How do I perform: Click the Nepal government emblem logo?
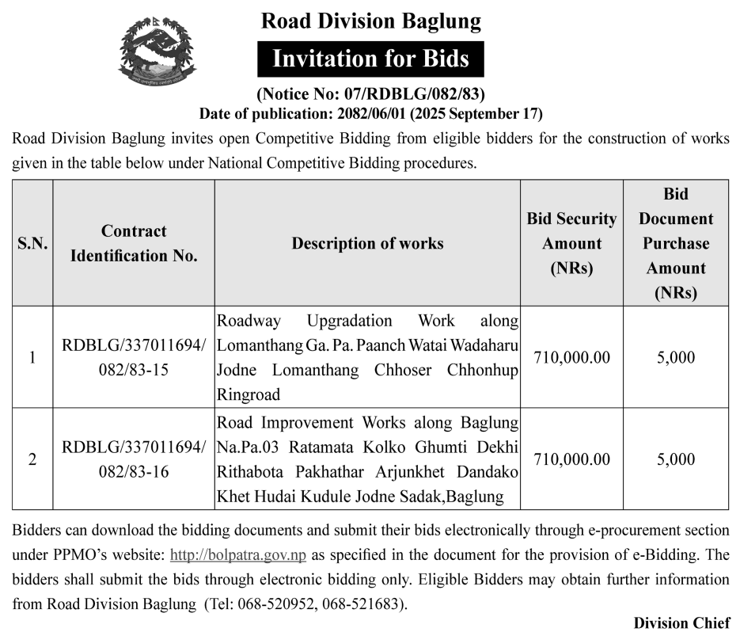pyautogui.click(x=156, y=53)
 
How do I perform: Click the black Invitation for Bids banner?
pyautogui.click(x=370, y=59)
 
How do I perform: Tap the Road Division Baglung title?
pyautogui.click(x=370, y=21)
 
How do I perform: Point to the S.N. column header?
pyautogui.click(x=32, y=243)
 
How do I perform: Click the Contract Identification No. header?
pyautogui.click(x=134, y=243)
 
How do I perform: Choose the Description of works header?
pyautogui.click(x=367, y=243)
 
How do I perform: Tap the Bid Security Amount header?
pyautogui.click(x=571, y=243)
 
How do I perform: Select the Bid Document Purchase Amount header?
pyautogui.click(x=675, y=243)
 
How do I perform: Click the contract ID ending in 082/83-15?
pyautogui.click(x=134, y=357)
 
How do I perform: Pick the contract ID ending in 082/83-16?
pyautogui.click(x=134, y=459)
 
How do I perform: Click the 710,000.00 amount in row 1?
pyautogui.click(x=571, y=357)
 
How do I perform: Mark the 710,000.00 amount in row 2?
pyautogui.click(x=571, y=459)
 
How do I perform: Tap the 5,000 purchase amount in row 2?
pyautogui.click(x=675, y=459)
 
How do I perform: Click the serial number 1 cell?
pyautogui.click(x=32, y=357)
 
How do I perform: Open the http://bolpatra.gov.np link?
pyautogui.click(x=238, y=554)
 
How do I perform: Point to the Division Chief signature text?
pyautogui.click(x=681, y=622)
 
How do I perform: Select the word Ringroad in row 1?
pyautogui.click(x=248, y=394)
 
